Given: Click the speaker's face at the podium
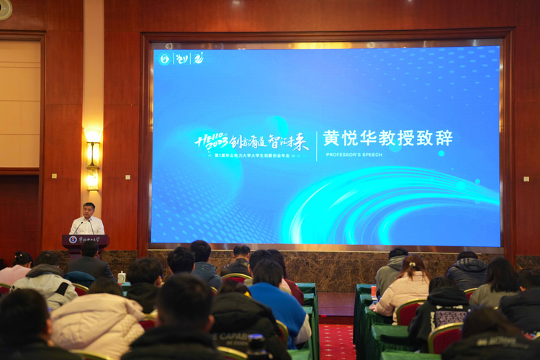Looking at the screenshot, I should click(x=88, y=211).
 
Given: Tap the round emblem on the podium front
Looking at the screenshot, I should click(x=73, y=239).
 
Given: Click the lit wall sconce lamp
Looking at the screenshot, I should click(x=93, y=138).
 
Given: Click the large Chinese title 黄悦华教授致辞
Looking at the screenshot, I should click(x=387, y=138).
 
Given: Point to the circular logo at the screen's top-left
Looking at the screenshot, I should click(x=164, y=58).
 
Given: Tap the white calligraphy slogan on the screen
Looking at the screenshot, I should click(x=252, y=140).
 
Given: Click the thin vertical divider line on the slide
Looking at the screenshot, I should click(x=317, y=145).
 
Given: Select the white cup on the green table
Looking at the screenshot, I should click(x=122, y=276).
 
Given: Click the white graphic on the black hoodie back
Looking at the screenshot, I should click(x=451, y=317).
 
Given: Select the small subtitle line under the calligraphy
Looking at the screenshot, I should click(x=252, y=156).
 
